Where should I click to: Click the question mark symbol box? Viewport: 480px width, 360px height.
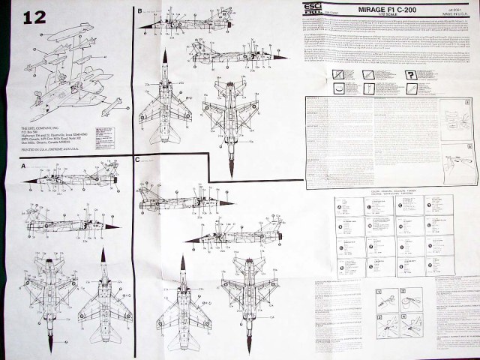point(412,73)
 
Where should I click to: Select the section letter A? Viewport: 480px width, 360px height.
point(23,165)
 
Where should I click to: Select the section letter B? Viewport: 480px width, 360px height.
point(140,11)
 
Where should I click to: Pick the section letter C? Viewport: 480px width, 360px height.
point(138,160)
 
